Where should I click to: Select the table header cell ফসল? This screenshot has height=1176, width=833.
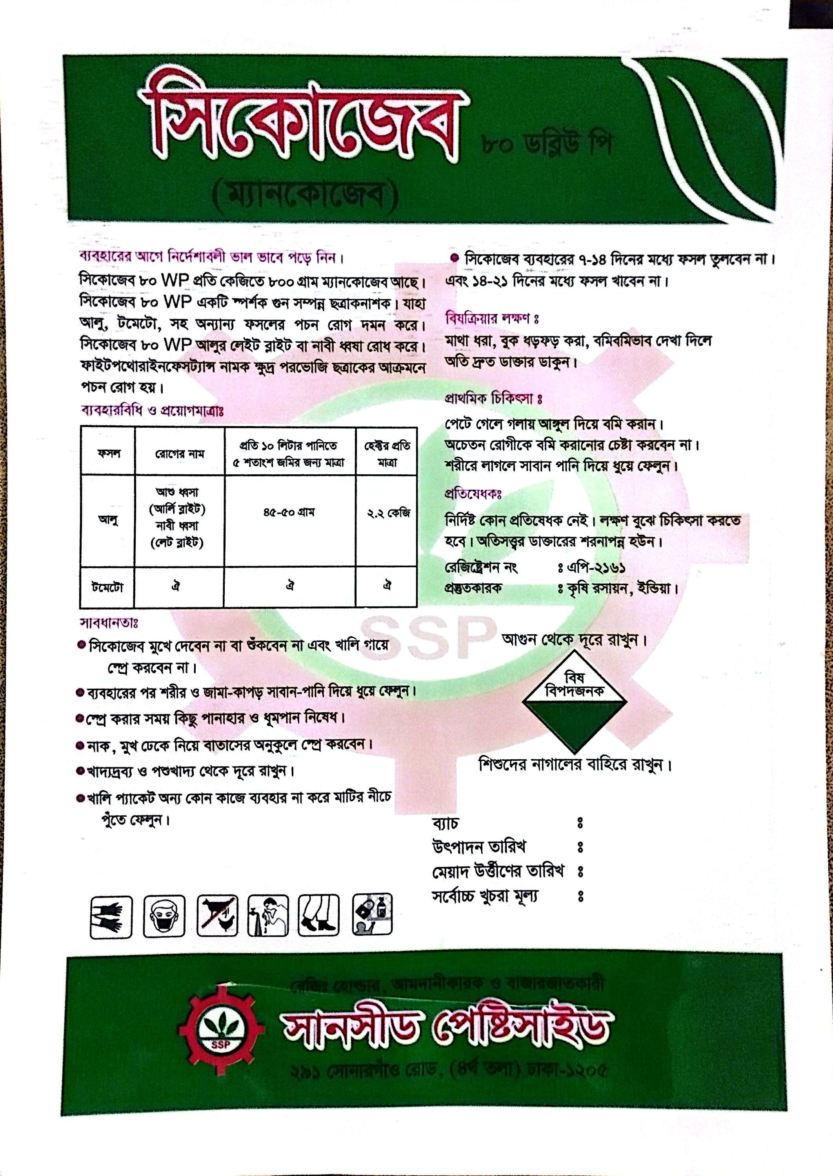coord(108,453)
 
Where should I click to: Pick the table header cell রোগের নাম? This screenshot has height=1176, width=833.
coord(180,453)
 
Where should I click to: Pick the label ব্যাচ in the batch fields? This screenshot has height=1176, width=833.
coord(445,823)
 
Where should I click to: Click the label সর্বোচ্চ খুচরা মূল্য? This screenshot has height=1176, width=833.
coord(485,896)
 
